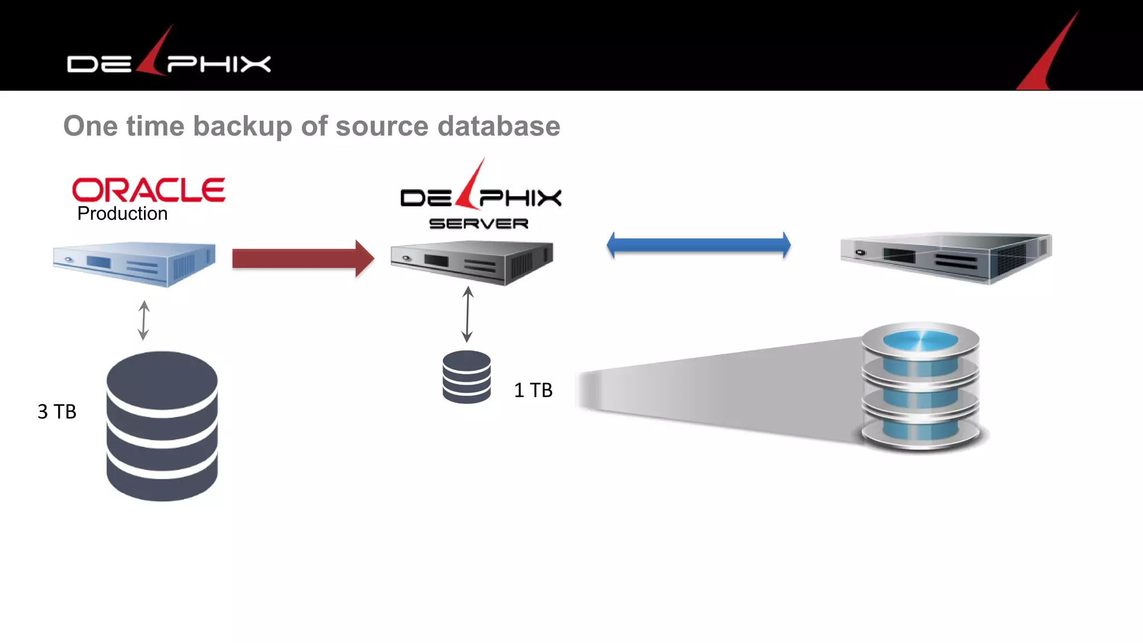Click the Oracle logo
148,190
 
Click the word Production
122,214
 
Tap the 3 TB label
56,412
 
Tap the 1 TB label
533,390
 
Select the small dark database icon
467,377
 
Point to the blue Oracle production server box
134,263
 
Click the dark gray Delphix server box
472,262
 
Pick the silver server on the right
946,257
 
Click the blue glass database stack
921,386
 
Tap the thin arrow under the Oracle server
143,320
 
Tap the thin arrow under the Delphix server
468,314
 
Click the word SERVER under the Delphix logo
478,224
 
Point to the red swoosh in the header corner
1049,56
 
